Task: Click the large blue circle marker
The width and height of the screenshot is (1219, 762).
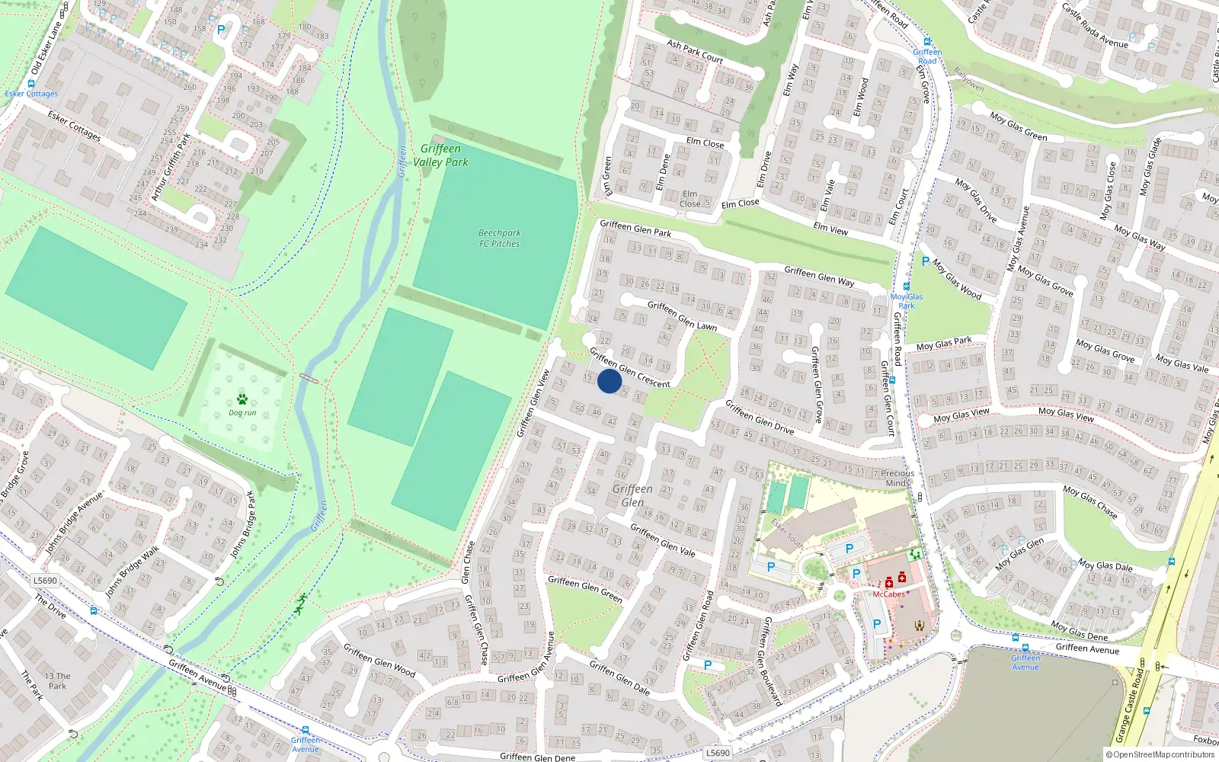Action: pos(609,381)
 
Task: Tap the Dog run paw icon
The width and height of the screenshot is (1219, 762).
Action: pos(242,399)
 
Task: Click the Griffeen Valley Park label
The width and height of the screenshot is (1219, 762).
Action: pos(440,155)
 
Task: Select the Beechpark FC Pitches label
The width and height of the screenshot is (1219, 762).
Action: pos(499,239)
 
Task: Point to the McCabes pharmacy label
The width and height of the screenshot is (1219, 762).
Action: pos(888,594)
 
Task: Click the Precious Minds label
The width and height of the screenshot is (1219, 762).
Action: pos(897,478)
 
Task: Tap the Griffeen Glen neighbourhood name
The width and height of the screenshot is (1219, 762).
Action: pos(632,495)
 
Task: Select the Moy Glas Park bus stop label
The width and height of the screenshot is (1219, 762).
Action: pos(906,301)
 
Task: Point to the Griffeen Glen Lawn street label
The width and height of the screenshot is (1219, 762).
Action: pos(682,315)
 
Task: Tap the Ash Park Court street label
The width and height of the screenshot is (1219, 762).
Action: pos(695,51)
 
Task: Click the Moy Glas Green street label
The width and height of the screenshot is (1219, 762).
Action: pos(1019,126)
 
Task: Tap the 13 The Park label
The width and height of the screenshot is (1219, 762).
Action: pos(57,680)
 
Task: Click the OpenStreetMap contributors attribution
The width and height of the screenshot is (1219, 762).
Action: pos(1160,755)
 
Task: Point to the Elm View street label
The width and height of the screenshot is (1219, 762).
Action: pos(830,228)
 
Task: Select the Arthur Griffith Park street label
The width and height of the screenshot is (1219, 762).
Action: pos(171,167)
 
